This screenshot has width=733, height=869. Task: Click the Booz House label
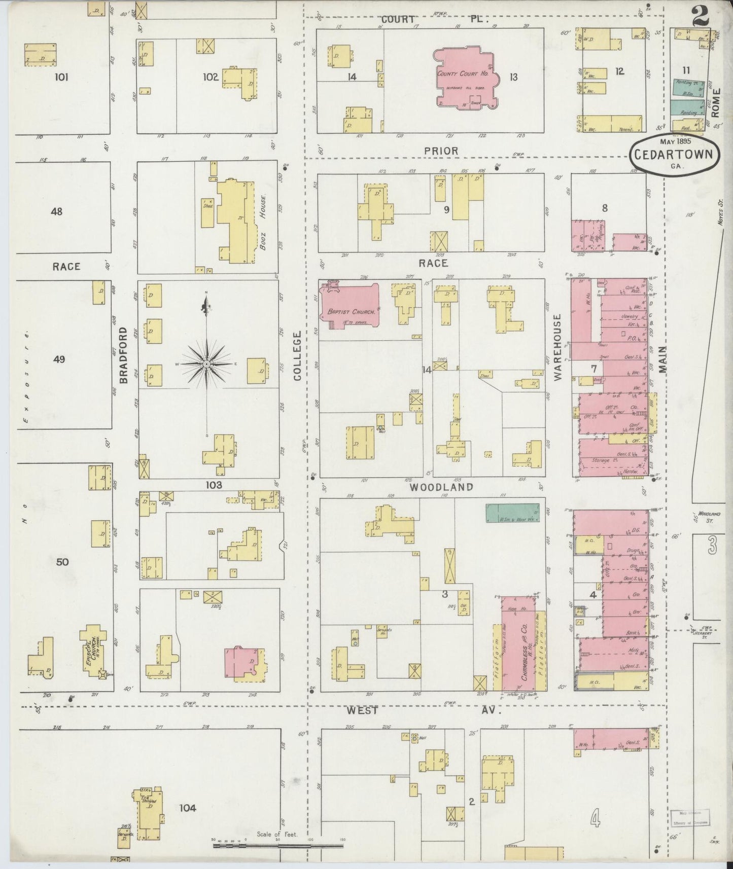263,223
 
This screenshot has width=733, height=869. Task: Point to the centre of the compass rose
206,365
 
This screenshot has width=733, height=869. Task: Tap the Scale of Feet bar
277,845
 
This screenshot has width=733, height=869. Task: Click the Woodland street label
441,487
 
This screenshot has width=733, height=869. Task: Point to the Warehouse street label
558,347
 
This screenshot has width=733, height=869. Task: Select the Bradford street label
124,355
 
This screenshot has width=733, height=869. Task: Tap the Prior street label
441,151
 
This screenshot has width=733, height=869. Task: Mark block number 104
187,808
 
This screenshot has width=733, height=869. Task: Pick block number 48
57,211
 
